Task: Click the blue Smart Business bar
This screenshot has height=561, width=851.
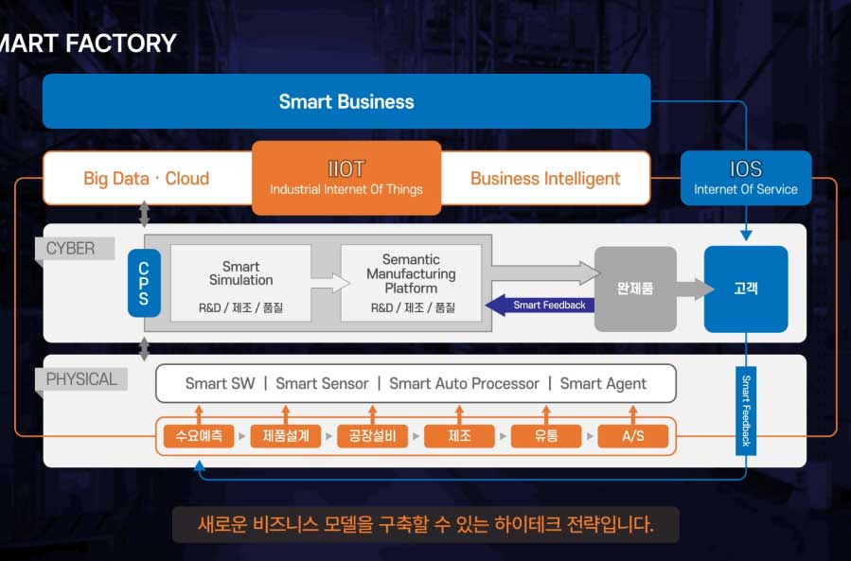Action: click(x=346, y=101)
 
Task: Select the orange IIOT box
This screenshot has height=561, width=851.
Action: click(x=346, y=178)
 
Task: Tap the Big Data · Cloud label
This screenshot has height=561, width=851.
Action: click(x=147, y=178)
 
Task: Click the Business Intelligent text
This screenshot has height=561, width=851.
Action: click(x=545, y=178)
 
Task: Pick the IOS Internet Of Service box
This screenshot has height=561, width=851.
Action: click(x=746, y=178)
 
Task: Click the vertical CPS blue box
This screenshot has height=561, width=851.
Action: click(x=144, y=282)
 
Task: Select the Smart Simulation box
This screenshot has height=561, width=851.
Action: click(x=240, y=282)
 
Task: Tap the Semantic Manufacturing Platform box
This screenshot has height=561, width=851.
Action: click(x=411, y=282)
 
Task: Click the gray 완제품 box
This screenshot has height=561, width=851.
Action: click(x=635, y=289)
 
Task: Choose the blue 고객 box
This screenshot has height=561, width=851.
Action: click(x=746, y=289)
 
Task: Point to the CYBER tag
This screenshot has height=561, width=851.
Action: click(x=71, y=249)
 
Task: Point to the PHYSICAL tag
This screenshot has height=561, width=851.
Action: click(x=82, y=379)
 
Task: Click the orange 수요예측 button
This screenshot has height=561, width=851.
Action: click(x=199, y=436)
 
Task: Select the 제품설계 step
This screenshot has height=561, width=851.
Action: click(x=286, y=436)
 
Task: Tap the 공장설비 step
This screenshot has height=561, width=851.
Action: click(x=373, y=436)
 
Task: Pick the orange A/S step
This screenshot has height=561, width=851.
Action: click(x=633, y=436)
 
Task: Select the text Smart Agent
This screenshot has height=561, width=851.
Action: click(x=603, y=383)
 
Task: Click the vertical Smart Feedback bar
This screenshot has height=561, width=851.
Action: click(x=746, y=410)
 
